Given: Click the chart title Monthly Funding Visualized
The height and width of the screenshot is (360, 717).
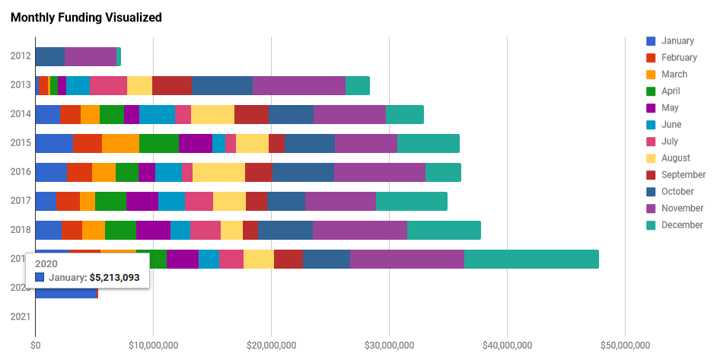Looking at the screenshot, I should tap(86, 18).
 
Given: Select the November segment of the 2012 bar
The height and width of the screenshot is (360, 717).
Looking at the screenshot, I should tap(91, 56).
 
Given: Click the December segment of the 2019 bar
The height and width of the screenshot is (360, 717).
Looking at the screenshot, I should tap(531, 259).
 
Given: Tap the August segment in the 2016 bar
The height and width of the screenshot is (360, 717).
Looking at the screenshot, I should tap(218, 172).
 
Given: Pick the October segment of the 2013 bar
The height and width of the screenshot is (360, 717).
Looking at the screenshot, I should tap(222, 85).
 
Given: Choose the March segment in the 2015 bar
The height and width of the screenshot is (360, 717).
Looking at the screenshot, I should tap(120, 143).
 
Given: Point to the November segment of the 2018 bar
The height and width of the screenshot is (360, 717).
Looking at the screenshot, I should tap(360, 230).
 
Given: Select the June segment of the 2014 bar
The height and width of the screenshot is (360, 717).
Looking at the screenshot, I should tap(157, 114).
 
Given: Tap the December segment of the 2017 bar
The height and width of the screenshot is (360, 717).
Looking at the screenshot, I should tap(412, 201).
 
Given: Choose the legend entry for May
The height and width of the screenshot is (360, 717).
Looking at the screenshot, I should tap(671, 108).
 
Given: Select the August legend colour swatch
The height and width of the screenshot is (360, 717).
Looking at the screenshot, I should tap(651, 158).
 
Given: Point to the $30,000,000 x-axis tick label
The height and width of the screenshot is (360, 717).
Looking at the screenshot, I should tap(389, 345).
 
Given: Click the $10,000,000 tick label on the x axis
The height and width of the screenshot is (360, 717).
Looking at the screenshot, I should tap(153, 345).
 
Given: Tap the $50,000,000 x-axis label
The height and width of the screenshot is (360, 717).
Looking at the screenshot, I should tap(625, 345).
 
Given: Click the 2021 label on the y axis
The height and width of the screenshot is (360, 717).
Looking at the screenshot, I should tap(21, 317).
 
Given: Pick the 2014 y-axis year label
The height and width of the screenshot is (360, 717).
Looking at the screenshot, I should tap(21, 114).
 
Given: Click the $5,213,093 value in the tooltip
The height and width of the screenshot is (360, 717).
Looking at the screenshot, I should tap(114, 278).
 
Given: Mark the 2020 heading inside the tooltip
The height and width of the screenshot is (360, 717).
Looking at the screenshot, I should tap(47, 263).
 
